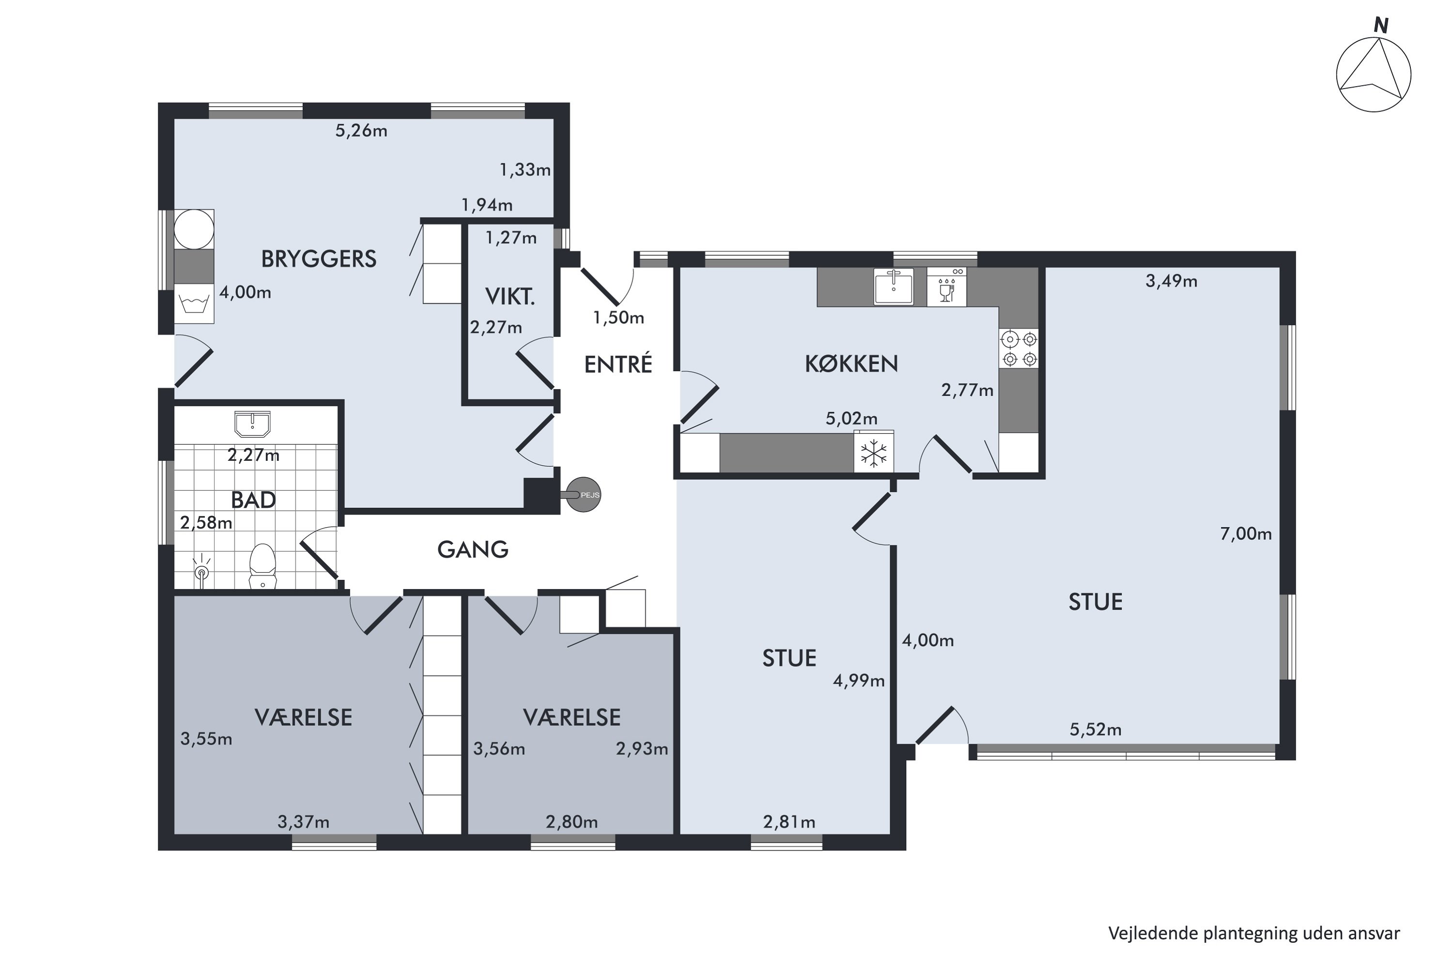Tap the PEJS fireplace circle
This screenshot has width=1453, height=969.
583,494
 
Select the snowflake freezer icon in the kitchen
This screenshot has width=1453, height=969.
874,453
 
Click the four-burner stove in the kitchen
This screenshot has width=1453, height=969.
1018,348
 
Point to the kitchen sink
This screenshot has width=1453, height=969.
893,286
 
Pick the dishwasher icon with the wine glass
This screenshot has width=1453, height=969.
946,286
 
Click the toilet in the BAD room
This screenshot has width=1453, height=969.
262,565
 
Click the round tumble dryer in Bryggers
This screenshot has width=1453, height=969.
194,229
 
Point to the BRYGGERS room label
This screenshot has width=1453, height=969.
319,259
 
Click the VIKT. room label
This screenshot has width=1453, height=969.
510,297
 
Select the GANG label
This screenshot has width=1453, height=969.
473,549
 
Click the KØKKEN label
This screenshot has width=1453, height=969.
851,364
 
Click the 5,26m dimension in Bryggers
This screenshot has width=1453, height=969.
361,131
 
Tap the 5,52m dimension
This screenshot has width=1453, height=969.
1095,730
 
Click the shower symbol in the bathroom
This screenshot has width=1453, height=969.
201,570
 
